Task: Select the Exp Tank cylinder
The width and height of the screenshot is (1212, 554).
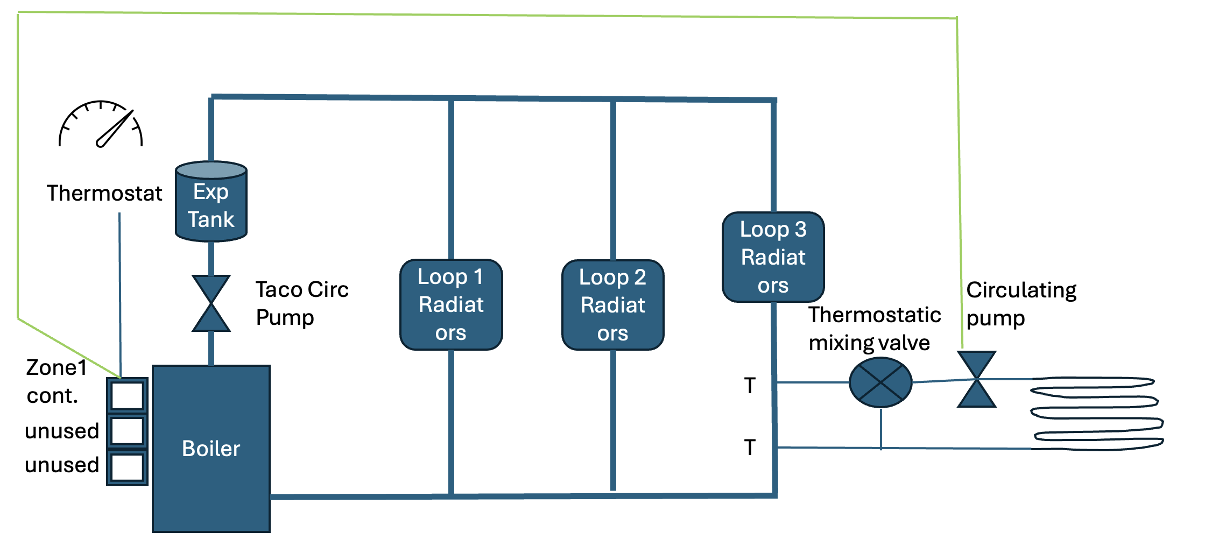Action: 211,202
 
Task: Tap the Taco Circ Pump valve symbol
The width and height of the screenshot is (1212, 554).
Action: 211,303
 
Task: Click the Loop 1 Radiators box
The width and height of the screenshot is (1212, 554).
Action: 451,304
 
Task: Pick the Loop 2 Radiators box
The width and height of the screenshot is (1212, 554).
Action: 612,305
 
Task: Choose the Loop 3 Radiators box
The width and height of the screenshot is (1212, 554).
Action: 773,257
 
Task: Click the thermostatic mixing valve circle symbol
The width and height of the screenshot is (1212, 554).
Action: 880,382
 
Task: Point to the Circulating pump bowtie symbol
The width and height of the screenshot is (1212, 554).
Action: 977,379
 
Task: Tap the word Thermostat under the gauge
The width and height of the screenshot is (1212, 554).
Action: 104,193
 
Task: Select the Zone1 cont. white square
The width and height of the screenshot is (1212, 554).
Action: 127,396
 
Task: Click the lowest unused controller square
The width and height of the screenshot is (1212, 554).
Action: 127,467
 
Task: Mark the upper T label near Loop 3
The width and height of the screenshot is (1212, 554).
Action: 750,385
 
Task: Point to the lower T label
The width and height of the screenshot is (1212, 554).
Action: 750,447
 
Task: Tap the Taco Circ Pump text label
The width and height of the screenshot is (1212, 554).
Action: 302,303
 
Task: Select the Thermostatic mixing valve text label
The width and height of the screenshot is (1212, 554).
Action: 875,329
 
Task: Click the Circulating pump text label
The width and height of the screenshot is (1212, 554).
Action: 1021,304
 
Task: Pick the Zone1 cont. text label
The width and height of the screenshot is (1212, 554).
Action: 56,381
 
